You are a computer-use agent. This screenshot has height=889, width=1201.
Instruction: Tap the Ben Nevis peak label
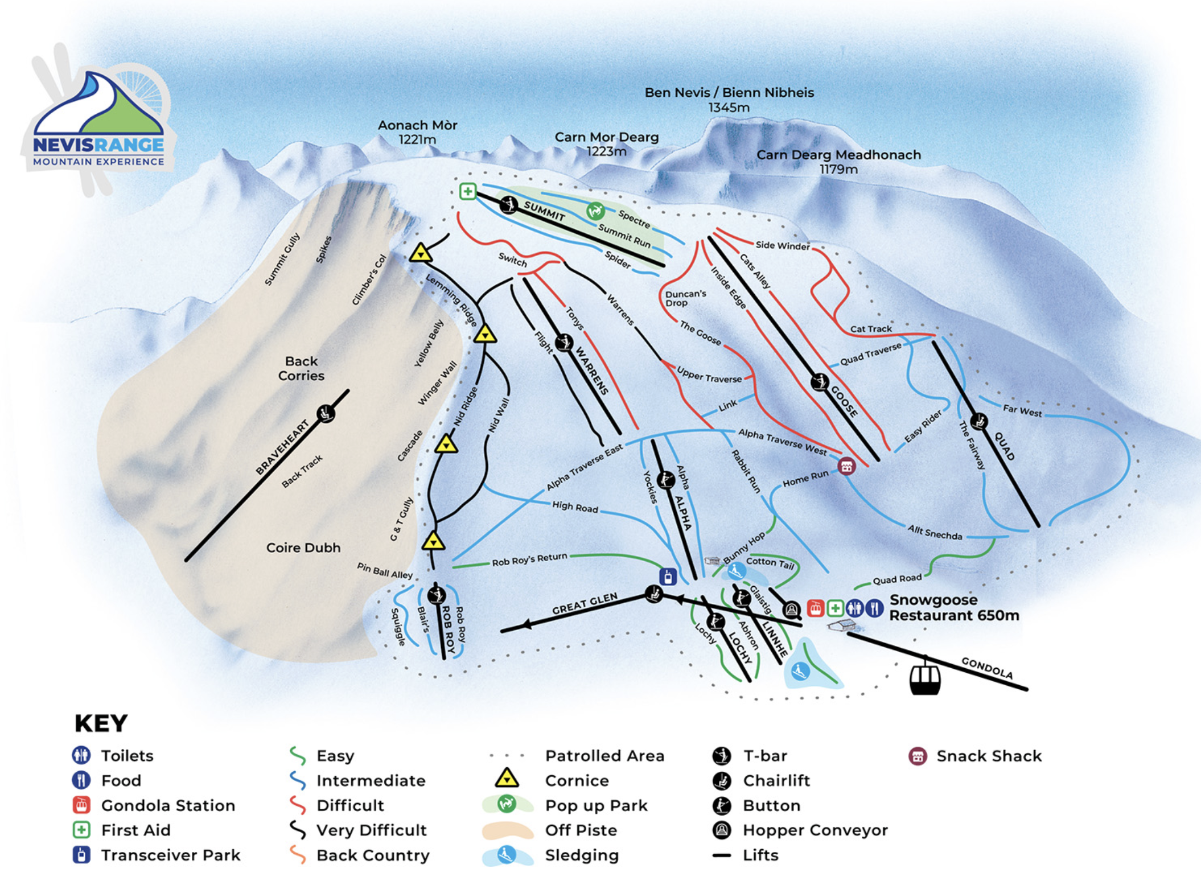[x=729, y=100]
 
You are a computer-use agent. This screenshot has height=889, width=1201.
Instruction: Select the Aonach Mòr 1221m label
[x=417, y=132]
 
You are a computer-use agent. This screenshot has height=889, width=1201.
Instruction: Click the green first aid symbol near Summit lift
[x=467, y=191]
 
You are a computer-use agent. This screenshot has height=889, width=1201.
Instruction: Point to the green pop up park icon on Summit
[x=595, y=211]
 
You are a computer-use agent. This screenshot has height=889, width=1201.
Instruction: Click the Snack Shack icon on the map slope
[x=846, y=466]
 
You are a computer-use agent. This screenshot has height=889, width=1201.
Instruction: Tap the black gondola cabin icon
[x=924, y=678]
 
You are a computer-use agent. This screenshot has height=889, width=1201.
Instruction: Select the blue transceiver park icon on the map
[x=668, y=577]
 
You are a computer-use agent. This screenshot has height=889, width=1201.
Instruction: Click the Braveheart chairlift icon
[x=326, y=413]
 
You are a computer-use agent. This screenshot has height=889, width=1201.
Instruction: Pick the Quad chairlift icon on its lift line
[x=979, y=422]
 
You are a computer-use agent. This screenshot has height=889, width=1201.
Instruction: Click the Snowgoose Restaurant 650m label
[x=953, y=608]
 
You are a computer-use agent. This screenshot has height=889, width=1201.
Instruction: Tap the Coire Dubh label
[x=303, y=548]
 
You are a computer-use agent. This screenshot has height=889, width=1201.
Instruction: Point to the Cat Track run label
[x=871, y=329]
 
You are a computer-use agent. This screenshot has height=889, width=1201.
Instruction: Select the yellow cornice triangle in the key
[x=506, y=778]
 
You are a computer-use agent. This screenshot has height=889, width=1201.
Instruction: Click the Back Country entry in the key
[x=372, y=855]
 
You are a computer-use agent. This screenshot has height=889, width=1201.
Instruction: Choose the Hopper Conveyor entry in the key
[x=815, y=830]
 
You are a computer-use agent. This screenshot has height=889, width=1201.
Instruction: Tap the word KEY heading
[x=101, y=723]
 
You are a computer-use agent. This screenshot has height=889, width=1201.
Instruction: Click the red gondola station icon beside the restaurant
[x=815, y=608]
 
